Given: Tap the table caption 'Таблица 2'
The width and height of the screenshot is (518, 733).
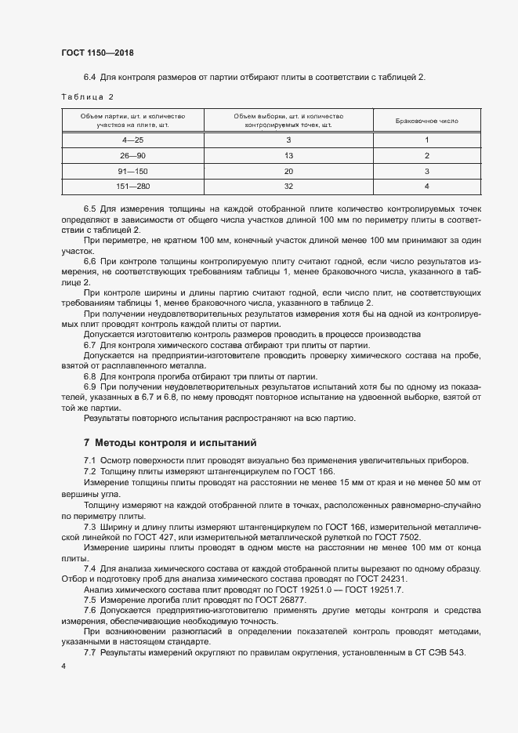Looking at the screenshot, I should click(88, 97).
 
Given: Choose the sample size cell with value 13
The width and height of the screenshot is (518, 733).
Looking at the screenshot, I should click(288, 156).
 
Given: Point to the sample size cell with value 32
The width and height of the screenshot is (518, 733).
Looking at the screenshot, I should click(288, 187).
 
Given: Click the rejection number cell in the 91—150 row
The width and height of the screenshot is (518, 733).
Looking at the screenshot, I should click(426, 171).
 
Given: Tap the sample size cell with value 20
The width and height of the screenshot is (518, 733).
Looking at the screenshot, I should click(288, 171).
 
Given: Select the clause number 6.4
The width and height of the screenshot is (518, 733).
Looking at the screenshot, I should click(89, 76).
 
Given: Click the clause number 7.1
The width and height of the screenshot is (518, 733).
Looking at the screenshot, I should click(89, 460).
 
